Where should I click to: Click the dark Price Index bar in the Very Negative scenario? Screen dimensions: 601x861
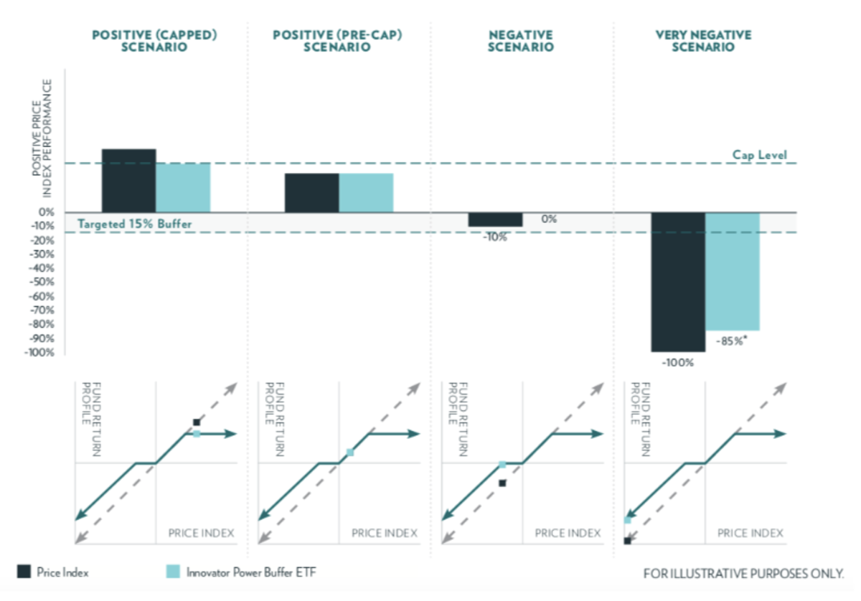(678, 282)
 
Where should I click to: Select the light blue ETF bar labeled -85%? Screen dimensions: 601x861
(733, 271)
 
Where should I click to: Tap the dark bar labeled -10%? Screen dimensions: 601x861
(495, 219)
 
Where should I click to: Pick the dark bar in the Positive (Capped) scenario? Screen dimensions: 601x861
(128, 180)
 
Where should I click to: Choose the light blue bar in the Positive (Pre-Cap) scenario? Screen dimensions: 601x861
(366, 193)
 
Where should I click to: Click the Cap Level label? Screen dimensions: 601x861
(759, 155)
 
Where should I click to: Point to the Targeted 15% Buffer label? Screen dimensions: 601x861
(135, 224)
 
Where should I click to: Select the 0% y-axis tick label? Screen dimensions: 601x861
(47, 212)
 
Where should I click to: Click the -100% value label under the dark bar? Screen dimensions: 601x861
(677, 363)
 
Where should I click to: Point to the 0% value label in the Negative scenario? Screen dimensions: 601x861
(550, 219)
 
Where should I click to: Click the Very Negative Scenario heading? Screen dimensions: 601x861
(704, 41)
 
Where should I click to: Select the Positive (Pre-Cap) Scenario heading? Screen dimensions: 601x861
(337, 41)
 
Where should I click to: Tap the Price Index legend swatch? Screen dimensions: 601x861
(24, 572)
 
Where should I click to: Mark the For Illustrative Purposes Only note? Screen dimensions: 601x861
(743, 574)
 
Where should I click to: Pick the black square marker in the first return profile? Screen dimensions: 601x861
(196, 422)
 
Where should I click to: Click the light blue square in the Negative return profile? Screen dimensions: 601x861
(502, 465)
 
